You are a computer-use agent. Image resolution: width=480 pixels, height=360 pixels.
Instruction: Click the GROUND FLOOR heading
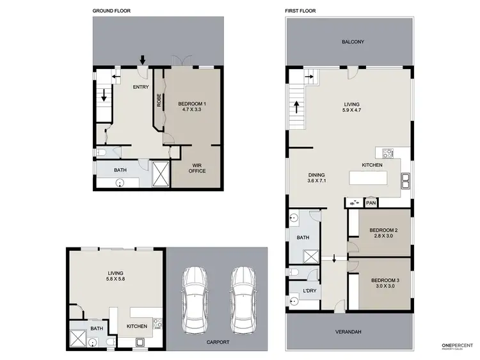[113, 11]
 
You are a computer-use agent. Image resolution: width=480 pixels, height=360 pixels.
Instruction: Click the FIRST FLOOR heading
[301, 11]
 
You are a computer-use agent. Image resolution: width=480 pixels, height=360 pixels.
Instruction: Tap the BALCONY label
[352, 42]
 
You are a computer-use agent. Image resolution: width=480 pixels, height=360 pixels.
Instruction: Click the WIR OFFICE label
[196, 168]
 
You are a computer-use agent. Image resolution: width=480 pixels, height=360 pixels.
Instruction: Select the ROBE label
[159, 100]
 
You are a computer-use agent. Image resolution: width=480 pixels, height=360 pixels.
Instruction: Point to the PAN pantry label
[371, 203]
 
